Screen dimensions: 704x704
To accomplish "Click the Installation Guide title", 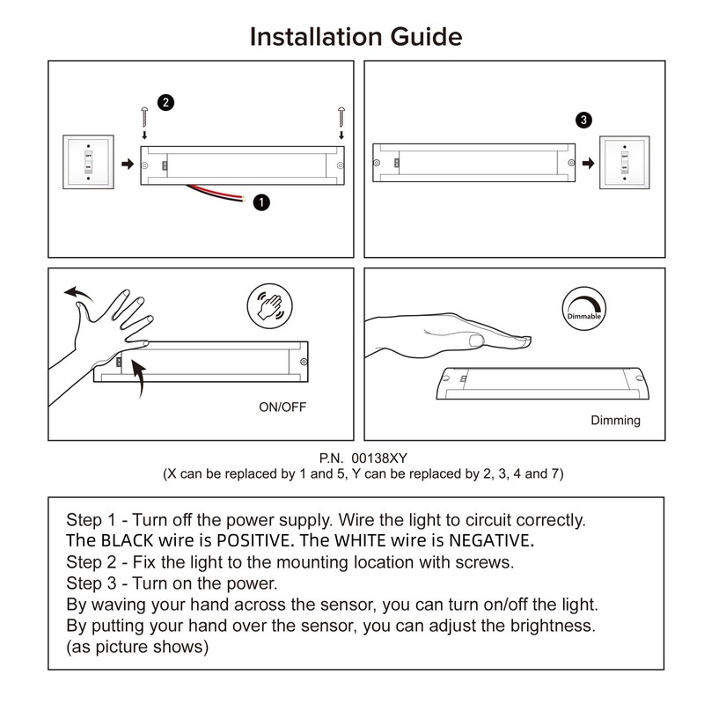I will coord(356,37).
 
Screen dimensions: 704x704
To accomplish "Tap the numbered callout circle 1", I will coord(260,202).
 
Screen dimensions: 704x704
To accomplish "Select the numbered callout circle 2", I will coord(165,102).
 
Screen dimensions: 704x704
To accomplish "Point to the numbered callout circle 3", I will coord(585,120).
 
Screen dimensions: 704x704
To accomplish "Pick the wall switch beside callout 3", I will coord(625,163).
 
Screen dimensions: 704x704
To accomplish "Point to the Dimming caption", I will coord(615,421).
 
